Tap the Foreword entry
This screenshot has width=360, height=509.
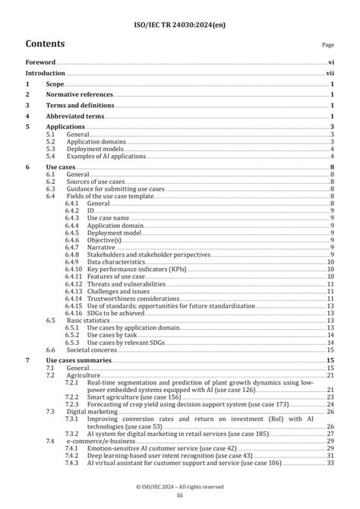pos(40,62)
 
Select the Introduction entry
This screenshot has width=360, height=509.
pos(45,73)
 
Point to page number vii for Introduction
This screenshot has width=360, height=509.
pos(330,73)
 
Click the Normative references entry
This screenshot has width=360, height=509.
pos(80,94)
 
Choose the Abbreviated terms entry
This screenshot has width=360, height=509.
pos(75,115)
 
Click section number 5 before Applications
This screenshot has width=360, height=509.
pos(28,126)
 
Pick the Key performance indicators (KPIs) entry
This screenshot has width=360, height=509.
pos(134,268)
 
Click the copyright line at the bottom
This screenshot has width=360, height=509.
pos(179,485)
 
